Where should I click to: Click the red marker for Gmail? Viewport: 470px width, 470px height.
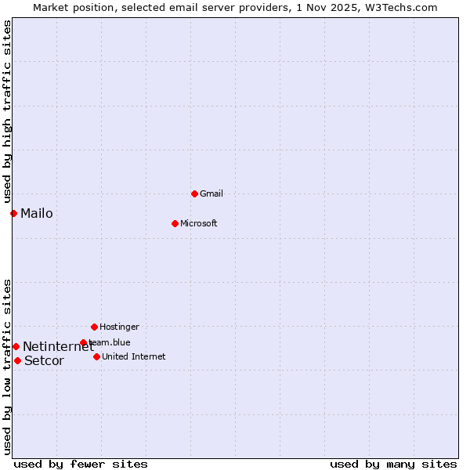point(194,193)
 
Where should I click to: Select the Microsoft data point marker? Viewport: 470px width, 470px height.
point(175,223)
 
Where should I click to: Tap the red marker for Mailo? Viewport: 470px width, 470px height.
point(13,213)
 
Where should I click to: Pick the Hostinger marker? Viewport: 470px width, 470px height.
point(94,327)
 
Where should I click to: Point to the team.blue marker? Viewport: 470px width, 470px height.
point(83,342)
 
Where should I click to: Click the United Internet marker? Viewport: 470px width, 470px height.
point(96,356)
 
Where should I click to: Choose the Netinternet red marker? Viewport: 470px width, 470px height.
point(16,346)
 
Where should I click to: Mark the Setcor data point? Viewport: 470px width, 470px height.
point(17,360)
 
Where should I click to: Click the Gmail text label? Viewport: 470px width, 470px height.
point(211,193)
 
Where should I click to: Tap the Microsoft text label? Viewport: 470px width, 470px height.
point(199,223)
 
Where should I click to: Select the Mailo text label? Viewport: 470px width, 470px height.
point(37,213)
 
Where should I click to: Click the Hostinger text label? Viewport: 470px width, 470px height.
point(119,327)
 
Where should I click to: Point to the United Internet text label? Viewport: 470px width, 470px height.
point(134,356)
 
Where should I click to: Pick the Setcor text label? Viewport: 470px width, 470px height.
point(44,360)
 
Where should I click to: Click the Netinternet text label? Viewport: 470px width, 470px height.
point(58,346)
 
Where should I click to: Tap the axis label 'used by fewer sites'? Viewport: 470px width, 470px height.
point(81,464)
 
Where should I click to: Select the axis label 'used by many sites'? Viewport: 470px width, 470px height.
point(393,464)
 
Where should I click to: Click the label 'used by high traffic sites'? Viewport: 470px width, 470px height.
point(7,111)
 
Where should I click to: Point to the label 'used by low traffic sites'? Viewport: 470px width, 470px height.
point(7,366)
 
